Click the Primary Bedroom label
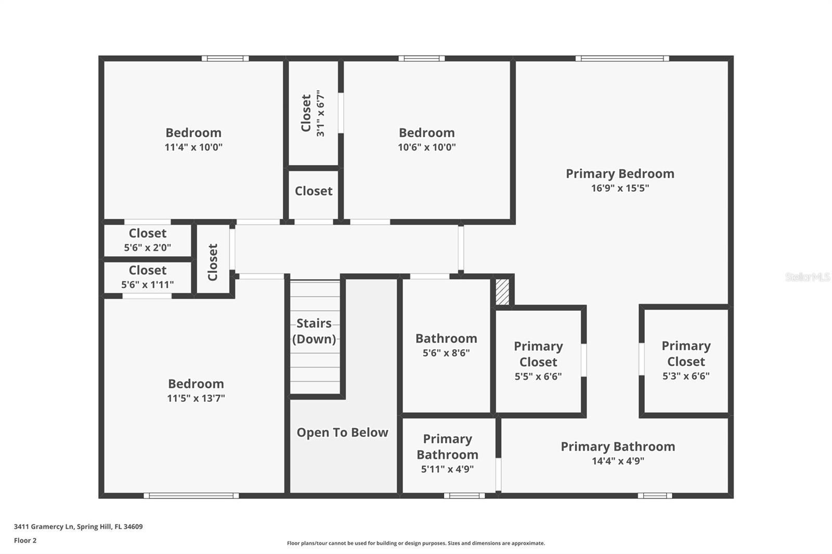(620, 174)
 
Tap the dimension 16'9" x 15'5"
(620, 188)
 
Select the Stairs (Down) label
(314, 331)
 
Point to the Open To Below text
(342, 432)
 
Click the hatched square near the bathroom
(502, 292)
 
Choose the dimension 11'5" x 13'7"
(196, 399)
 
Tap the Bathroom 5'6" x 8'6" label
(446, 345)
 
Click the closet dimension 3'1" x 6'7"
(320, 113)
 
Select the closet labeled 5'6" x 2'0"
(148, 240)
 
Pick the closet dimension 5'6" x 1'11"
(148, 285)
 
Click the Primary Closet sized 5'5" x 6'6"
(538, 361)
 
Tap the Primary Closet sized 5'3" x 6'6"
(686, 360)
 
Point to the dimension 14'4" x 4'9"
(618, 461)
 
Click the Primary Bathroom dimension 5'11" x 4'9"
(447, 469)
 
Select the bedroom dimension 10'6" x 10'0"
(426, 147)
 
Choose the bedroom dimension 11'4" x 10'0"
(193, 147)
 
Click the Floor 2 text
(25, 540)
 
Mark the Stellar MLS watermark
(807, 277)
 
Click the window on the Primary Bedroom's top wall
(622, 58)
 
